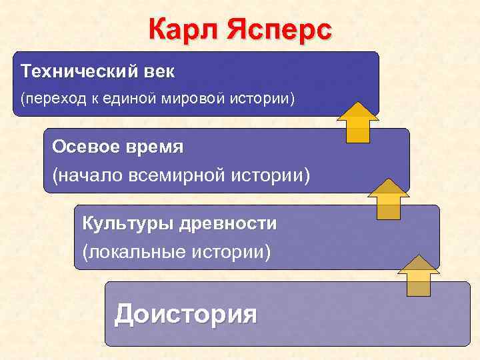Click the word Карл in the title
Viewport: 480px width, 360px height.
[x=184, y=30]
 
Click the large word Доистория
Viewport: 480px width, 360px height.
[x=185, y=313]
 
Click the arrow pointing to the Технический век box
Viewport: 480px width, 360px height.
[x=357, y=122]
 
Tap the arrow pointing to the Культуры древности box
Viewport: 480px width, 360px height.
[x=419, y=275]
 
